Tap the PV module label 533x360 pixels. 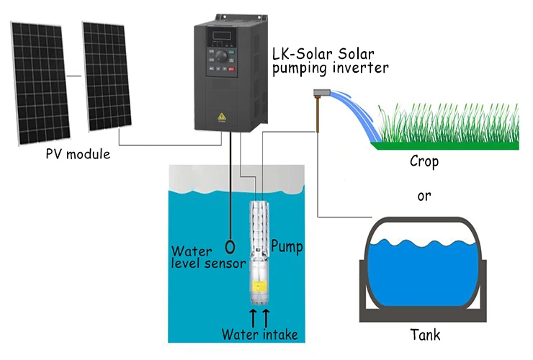(78, 154)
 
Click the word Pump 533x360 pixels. (287, 246)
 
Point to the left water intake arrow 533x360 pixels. (253, 316)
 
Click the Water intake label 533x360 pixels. (259, 335)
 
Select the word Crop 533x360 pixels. (424, 162)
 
